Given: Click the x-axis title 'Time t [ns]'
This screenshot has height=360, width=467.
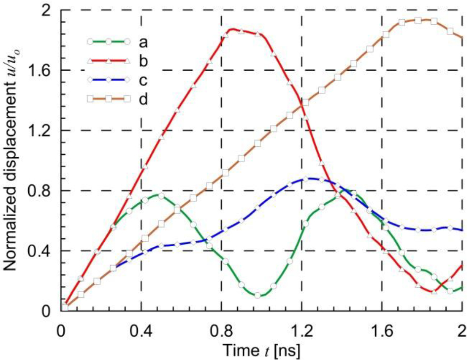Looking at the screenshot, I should [261, 349].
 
